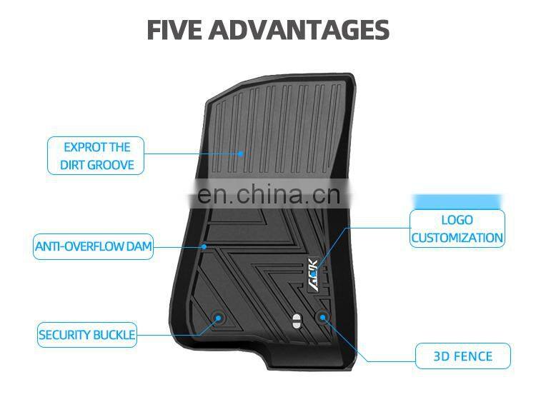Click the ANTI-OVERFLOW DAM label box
[x=94, y=247]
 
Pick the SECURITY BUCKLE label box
[x=86, y=334]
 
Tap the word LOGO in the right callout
[x=457, y=220]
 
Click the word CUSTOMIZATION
[x=457, y=238]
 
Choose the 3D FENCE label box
[x=463, y=356]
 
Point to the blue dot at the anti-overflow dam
[x=204, y=247]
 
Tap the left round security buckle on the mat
[x=219, y=318]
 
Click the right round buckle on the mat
[x=323, y=316]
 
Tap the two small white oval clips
[x=294, y=321]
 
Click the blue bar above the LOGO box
[x=457, y=201]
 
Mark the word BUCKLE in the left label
[x=114, y=334]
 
